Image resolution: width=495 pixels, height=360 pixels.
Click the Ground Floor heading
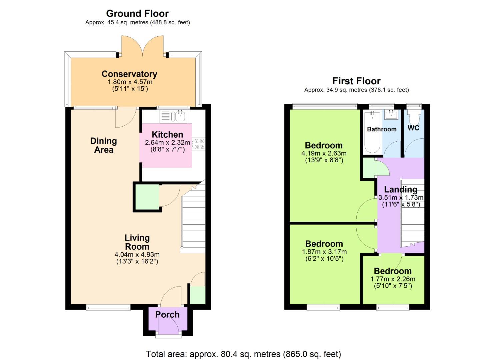[137, 14]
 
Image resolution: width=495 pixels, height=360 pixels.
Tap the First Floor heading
[356, 81]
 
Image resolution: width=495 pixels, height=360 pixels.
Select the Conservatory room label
[129, 74]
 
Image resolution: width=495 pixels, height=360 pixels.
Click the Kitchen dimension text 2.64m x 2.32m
[167, 143]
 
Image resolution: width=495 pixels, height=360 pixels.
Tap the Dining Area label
[104, 145]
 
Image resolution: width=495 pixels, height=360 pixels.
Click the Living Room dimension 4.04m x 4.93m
[137, 255]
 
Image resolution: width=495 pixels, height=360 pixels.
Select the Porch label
[167, 315]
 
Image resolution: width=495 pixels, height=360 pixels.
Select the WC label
[413, 128]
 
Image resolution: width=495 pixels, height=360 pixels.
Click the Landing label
[401, 190]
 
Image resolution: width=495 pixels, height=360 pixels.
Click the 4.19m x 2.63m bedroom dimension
[324, 154]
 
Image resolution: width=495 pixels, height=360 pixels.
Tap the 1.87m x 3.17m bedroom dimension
[324, 252]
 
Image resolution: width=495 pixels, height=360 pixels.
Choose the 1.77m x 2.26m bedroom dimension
[393, 279]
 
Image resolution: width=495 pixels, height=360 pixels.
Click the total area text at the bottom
[243, 354]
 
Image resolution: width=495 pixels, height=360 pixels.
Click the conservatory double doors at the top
[143, 47]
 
